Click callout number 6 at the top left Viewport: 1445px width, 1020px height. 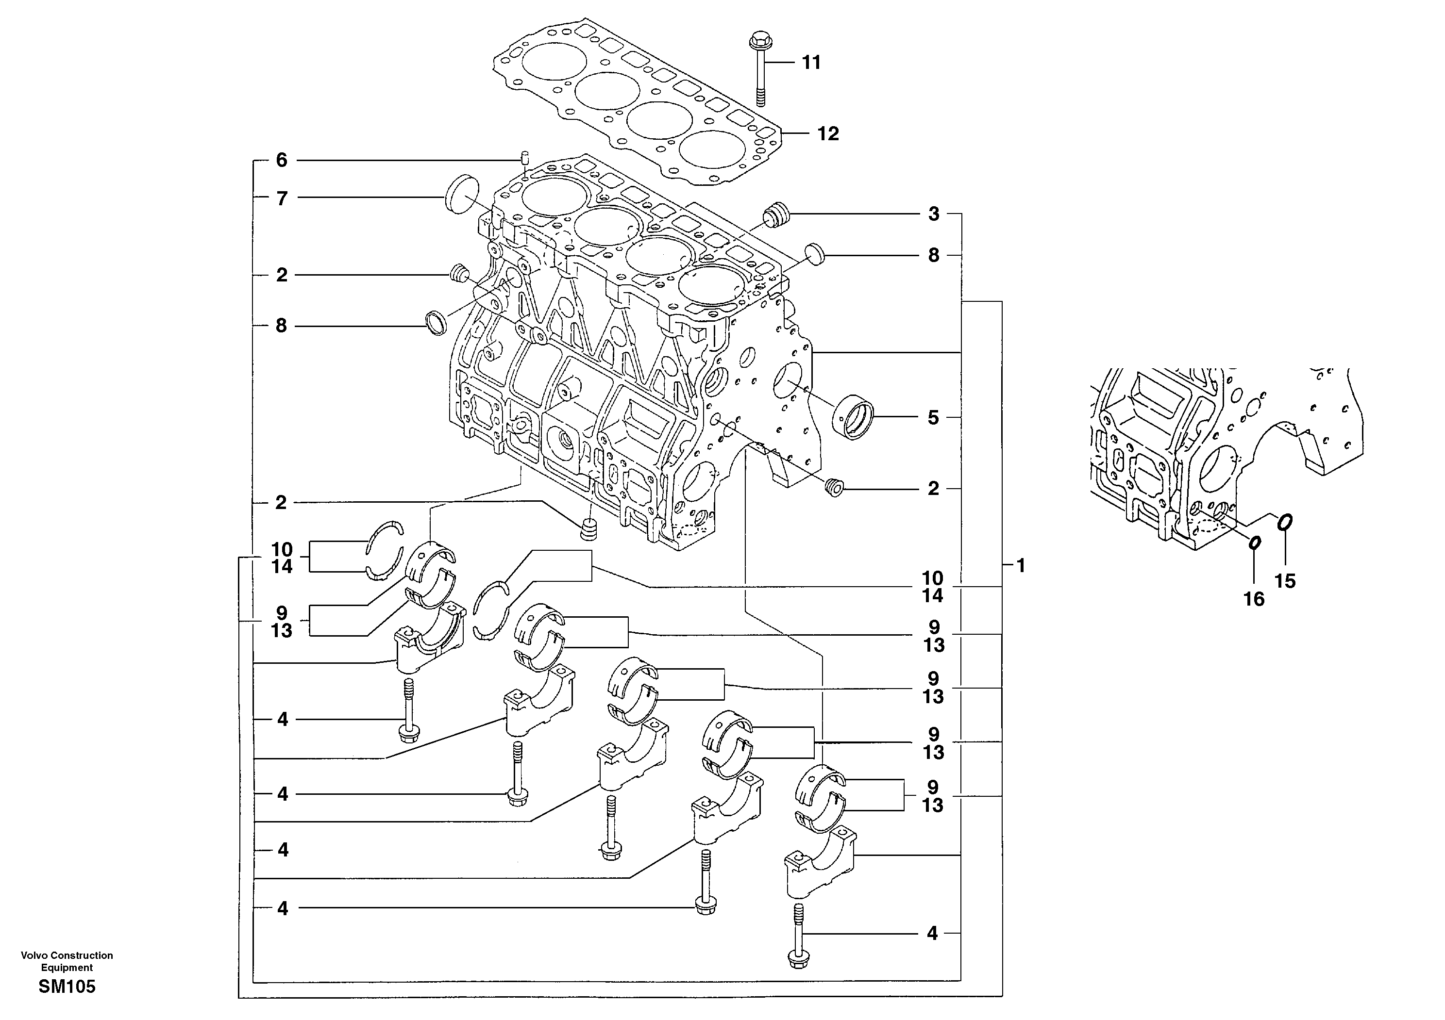[281, 160]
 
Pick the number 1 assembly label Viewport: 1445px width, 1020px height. [1020, 565]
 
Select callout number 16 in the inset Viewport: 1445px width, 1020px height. [1254, 599]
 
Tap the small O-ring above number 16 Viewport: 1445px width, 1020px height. [1254, 542]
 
